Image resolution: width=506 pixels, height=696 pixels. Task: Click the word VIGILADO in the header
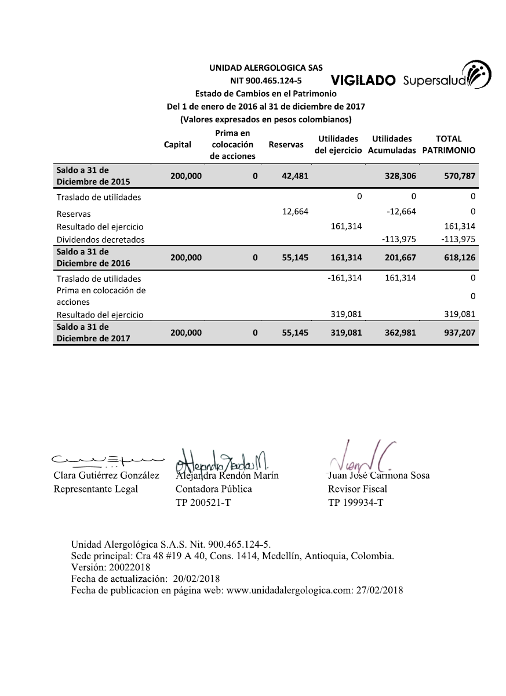363,81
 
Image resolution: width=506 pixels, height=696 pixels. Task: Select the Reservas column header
286,144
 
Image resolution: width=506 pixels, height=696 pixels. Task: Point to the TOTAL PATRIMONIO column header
449,144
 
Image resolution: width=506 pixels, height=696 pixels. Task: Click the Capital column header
177,144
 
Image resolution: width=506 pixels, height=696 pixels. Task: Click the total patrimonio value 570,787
461,176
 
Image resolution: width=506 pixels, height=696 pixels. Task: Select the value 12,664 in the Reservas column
295,212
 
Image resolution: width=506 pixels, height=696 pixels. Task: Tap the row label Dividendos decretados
100,239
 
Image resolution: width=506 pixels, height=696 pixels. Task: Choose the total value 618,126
461,257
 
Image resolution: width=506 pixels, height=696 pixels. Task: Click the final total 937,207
461,333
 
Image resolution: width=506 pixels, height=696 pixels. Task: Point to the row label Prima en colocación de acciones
100,296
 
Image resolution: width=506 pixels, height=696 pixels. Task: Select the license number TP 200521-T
203,502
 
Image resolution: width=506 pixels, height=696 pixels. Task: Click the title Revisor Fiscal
350,489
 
